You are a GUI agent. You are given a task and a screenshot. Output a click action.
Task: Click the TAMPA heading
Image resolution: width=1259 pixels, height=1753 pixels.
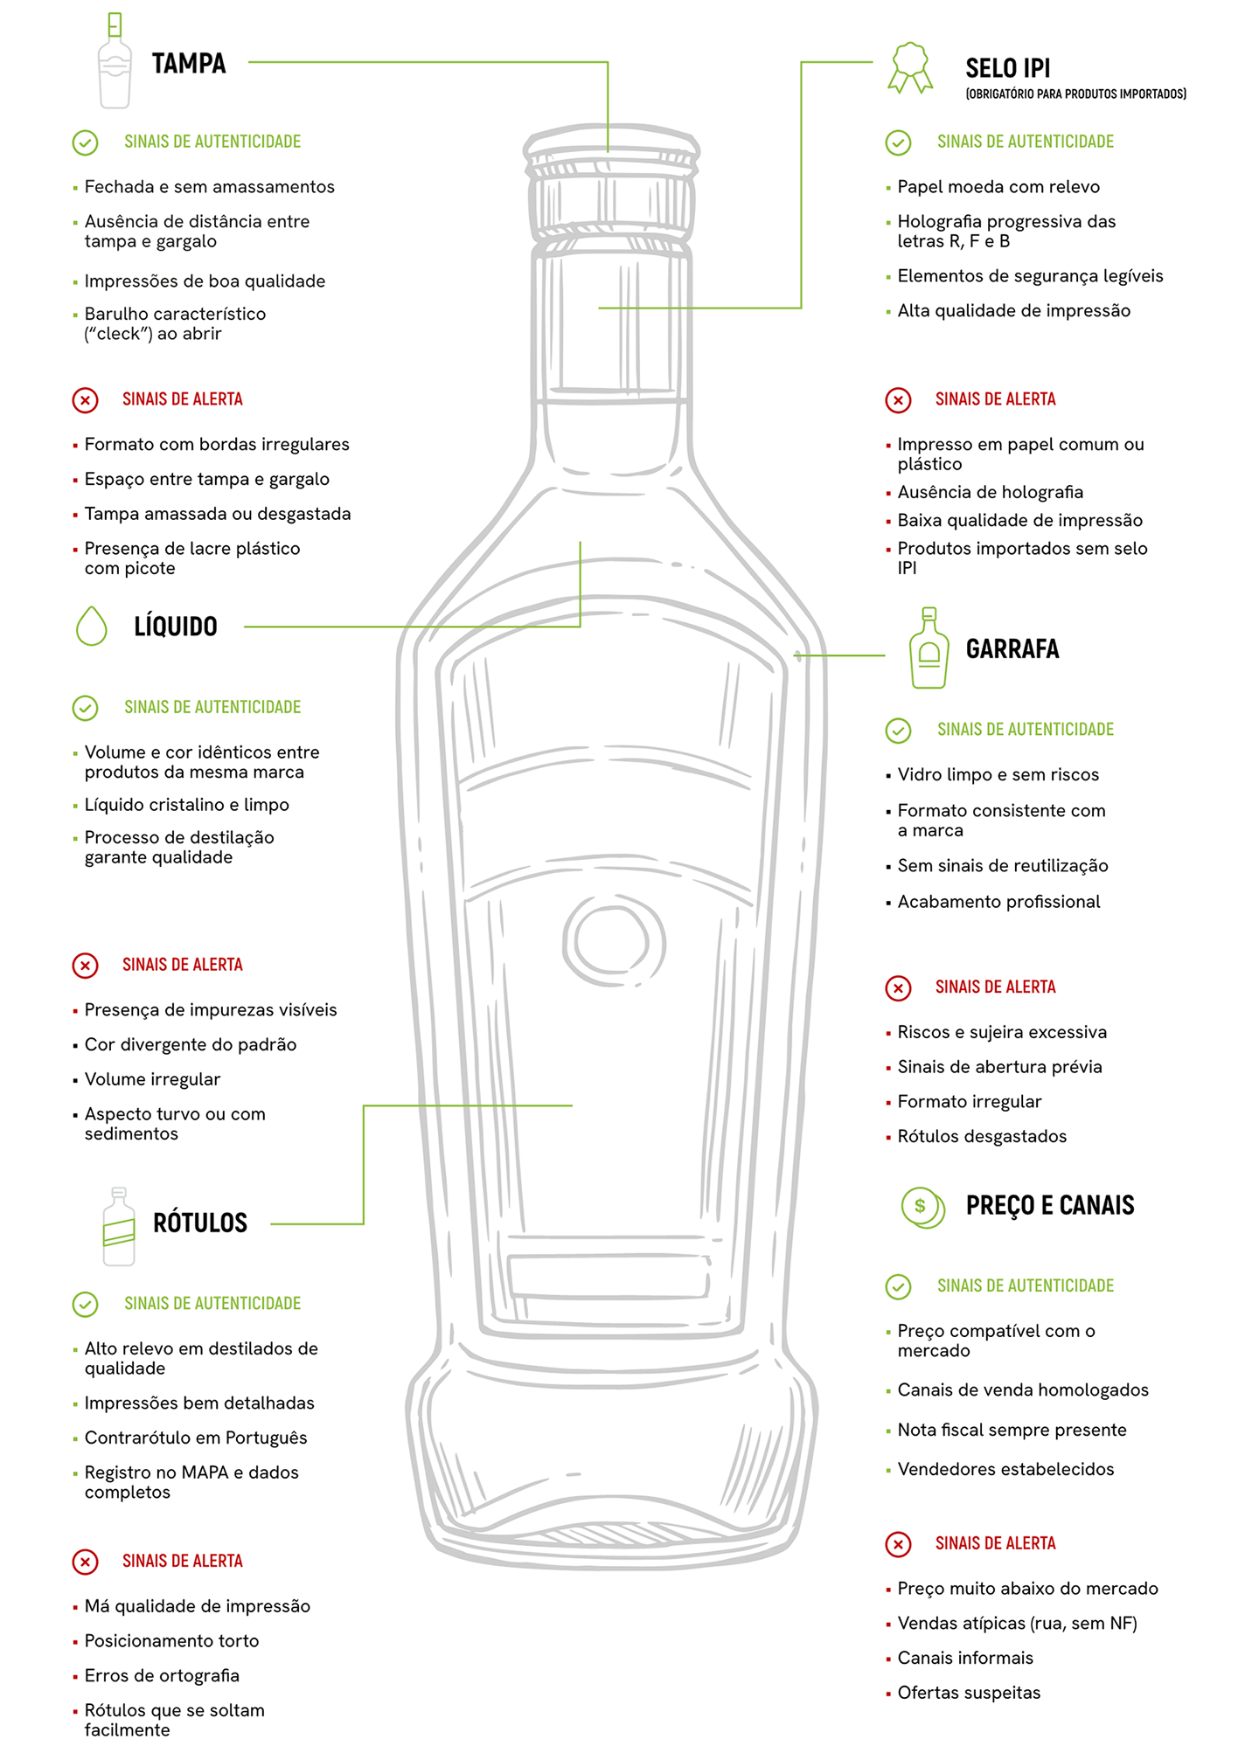tap(189, 64)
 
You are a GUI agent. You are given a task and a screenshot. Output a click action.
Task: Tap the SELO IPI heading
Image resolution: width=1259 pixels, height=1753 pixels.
tap(1008, 68)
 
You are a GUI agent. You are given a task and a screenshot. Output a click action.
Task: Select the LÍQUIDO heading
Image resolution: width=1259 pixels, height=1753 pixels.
tap(176, 627)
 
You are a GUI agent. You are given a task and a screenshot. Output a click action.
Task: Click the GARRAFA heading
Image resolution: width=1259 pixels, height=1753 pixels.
tap(1012, 649)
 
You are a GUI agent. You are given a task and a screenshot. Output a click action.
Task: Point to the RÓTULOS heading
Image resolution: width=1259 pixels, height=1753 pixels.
tap(200, 1223)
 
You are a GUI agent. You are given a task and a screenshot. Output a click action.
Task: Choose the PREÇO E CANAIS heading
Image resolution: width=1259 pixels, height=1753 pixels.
tap(1050, 1206)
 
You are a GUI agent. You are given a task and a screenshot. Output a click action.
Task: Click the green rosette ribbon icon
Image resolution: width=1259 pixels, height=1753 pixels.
tap(910, 67)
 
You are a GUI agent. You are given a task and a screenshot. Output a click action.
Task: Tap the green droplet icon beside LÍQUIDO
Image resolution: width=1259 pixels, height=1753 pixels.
tap(92, 626)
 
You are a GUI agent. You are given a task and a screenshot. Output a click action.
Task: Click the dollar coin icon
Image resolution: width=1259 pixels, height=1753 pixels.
tap(923, 1208)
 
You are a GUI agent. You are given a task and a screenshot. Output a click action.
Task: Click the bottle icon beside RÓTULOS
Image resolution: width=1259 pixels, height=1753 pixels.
tap(119, 1227)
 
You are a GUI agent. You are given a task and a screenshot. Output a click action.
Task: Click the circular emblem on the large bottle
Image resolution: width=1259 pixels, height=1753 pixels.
tap(614, 941)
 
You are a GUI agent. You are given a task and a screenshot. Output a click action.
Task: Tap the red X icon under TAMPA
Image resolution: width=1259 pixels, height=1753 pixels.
tap(85, 400)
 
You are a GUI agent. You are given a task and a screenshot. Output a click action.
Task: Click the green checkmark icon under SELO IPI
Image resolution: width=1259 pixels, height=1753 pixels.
tap(898, 142)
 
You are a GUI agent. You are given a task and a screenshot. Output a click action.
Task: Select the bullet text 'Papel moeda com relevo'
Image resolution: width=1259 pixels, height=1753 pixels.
tap(998, 187)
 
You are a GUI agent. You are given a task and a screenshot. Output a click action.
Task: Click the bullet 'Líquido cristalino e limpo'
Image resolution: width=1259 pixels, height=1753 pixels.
tap(187, 805)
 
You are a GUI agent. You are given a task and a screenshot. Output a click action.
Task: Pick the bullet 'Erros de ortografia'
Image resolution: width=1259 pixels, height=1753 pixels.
tap(162, 1676)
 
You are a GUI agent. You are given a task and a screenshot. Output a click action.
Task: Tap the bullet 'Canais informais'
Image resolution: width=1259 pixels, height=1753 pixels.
tap(965, 1658)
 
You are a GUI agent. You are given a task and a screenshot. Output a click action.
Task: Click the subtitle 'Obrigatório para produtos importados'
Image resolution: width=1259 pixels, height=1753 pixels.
tap(1076, 94)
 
